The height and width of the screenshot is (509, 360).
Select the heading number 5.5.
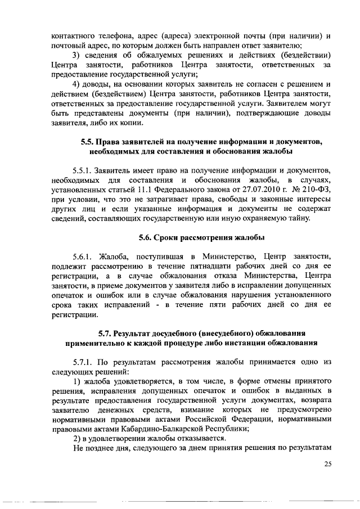click(x=87, y=141)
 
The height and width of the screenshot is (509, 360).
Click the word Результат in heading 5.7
click(x=137, y=332)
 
